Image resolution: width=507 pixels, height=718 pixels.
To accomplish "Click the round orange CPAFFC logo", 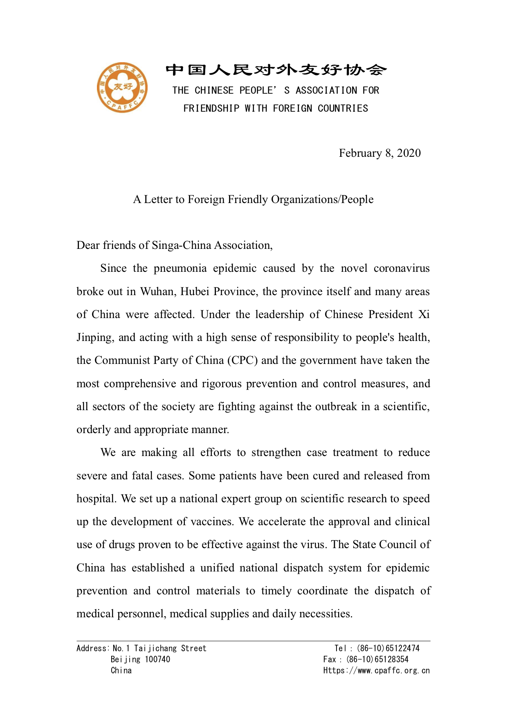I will [122, 88].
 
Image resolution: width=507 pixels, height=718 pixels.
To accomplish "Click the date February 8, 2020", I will [379, 153].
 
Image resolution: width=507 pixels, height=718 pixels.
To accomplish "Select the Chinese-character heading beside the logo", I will [276, 70].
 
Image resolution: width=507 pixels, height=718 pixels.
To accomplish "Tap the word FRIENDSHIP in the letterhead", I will [211, 108].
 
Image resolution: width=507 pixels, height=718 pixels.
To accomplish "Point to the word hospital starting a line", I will [96, 499].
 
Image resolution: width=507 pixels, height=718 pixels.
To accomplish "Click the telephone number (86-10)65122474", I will [388, 648].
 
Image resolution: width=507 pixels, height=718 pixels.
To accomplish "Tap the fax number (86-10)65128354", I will [377, 659].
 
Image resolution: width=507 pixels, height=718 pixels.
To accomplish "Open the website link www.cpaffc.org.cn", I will [393, 671].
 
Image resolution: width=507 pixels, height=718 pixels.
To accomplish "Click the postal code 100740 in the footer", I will [157, 659].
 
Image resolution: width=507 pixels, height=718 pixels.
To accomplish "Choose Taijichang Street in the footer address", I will [170, 648].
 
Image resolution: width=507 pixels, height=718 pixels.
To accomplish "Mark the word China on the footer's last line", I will [121, 671].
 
